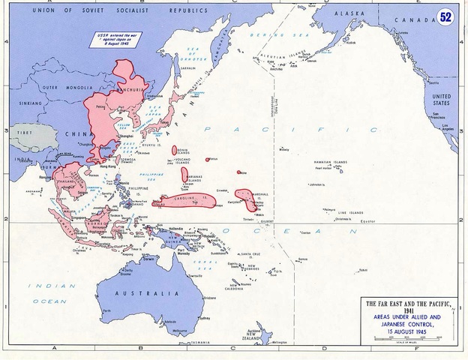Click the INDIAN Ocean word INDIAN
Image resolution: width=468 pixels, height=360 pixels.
[x=43, y=286]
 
